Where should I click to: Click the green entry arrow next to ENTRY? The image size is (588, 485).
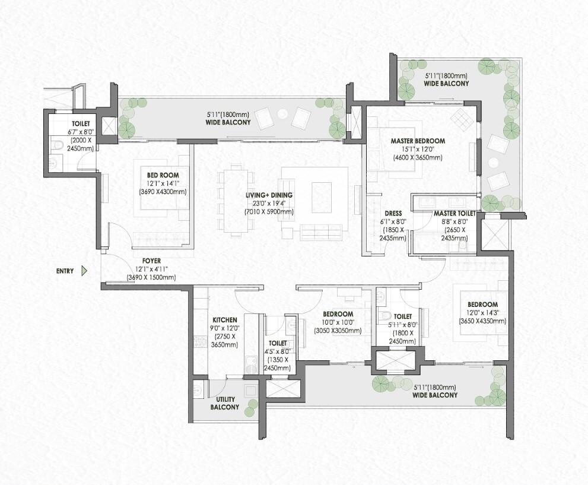click(84, 271)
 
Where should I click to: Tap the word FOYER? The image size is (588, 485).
click(151, 261)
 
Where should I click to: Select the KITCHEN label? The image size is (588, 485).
click(225, 319)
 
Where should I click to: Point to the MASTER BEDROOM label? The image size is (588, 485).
click(418, 141)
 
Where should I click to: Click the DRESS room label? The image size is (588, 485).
click(393, 213)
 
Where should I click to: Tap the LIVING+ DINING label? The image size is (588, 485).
click(269, 195)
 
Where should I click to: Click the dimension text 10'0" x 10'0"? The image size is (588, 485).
click(338, 322)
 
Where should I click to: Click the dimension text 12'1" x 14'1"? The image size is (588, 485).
click(163, 183)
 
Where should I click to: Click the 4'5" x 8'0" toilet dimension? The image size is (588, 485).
click(276, 351)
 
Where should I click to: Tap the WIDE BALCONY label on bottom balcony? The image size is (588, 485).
click(435, 395)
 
